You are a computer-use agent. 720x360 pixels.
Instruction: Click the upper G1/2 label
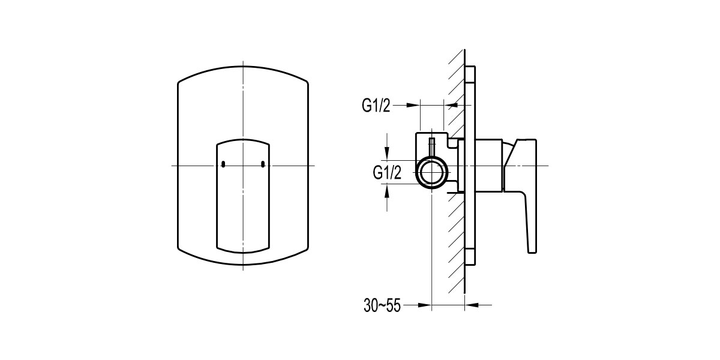376,106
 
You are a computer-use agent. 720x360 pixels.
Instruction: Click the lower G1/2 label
387,173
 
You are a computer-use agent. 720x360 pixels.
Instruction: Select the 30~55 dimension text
382,305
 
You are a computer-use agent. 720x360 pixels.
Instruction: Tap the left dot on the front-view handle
222,164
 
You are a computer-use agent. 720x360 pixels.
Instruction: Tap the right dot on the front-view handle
263,164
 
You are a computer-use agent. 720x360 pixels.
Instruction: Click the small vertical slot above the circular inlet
431,146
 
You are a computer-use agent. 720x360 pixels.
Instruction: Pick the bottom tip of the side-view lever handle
531,250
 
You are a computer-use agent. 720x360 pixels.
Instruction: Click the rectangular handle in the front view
243,198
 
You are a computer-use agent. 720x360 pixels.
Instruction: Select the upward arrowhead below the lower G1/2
388,190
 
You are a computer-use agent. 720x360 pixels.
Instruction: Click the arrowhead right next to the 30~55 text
427,305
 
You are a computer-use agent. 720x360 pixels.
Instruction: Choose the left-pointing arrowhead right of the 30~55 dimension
470,305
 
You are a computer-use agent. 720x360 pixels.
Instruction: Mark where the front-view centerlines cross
243,165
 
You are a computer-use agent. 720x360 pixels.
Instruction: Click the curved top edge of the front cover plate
243,73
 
